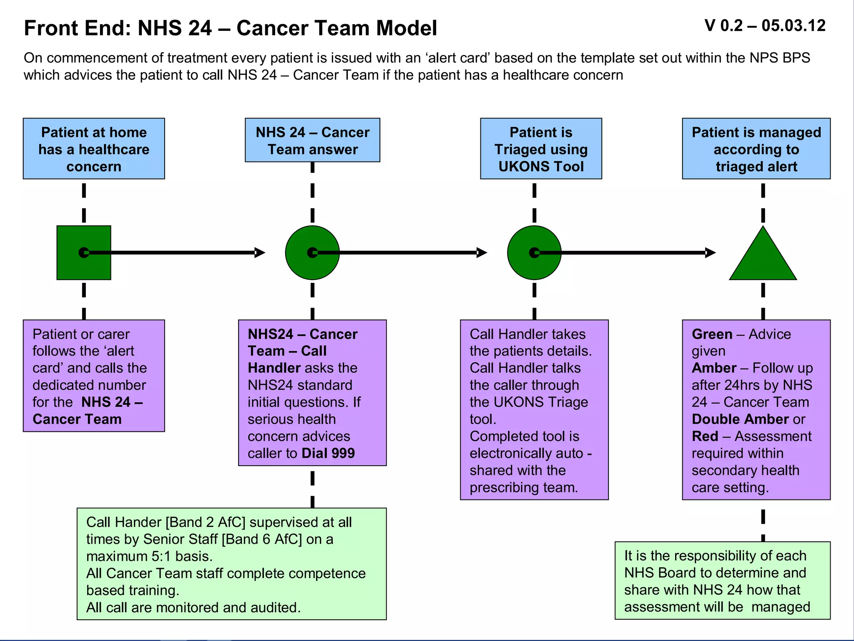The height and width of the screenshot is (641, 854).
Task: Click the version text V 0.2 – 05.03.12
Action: tap(764, 26)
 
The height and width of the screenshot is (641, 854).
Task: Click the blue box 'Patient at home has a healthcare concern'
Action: tap(94, 149)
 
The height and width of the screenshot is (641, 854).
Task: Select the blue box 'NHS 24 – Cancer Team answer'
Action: tap(312, 140)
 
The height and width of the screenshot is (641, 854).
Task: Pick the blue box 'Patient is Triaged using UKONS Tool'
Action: tap(541, 149)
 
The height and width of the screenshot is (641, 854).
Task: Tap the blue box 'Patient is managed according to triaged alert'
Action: tap(756, 149)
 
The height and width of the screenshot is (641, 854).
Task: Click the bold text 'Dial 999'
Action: tap(328, 453)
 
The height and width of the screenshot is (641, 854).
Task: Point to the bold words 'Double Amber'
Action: tap(740, 419)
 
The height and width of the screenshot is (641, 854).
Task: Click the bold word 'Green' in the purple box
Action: tap(712, 334)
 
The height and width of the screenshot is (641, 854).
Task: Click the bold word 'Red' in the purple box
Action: tap(705, 436)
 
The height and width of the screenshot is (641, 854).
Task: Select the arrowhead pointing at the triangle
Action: tap(710, 252)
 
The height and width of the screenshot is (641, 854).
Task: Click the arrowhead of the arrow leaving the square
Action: tap(260, 252)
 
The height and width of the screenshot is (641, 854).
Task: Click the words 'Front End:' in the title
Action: tap(78, 28)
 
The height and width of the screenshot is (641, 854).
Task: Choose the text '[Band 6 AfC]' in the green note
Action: tap(262, 539)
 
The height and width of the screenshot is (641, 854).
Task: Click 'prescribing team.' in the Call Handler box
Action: tap(524, 487)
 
